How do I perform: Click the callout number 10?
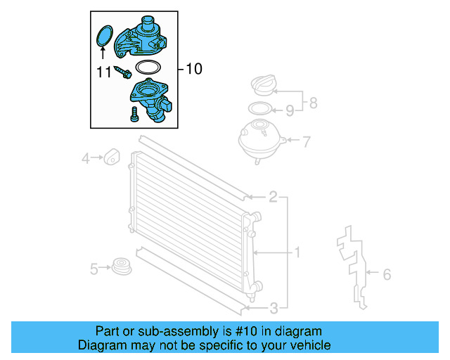pos(193,69)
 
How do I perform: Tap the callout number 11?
pos(103,71)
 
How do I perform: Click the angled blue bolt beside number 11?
pos(124,71)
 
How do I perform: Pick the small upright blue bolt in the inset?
pos(133,115)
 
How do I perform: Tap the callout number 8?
pos(313,103)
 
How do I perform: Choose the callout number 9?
pos(289,110)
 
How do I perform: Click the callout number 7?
pos(306,142)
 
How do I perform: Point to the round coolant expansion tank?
pos(262,141)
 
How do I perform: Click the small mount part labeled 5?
pos(122,267)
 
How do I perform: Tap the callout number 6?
pos(386,274)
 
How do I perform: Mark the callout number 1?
pos(297,252)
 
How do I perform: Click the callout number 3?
pos(274,307)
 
